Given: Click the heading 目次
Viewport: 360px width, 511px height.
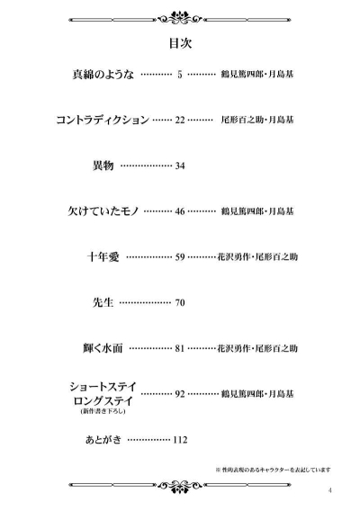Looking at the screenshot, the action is tap(180, 43).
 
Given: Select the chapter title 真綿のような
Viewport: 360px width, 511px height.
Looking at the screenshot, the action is tap(103, 75).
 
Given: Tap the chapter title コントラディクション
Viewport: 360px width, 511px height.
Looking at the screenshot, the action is tap(103, 120).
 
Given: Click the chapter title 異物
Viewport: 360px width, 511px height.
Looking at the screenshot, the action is tap(103, 166).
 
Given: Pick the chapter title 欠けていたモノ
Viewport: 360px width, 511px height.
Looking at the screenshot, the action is tap(103, 211).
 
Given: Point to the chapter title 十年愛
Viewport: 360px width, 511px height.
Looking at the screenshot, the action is tap(103, 256).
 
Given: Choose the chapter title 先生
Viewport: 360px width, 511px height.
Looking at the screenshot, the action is tap(103, 302).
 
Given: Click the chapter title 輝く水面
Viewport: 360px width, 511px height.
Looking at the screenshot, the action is tap(103, 348).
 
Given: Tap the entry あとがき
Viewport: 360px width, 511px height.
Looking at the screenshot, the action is tap(103, 440).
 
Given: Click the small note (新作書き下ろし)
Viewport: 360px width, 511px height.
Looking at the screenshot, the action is tap(103, 411).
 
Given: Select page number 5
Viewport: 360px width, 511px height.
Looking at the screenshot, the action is tap(180, 75).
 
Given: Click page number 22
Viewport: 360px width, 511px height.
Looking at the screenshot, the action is tap(180, 121).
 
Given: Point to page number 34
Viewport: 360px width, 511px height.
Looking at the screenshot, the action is tap(180, 166).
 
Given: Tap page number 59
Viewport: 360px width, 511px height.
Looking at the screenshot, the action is tap(180, 257).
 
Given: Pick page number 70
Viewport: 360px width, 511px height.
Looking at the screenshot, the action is tap(180, 303).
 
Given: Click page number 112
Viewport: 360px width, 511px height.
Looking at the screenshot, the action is tap(180, 440).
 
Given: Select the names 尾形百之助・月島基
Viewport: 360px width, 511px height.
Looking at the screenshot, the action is tap(257, 120).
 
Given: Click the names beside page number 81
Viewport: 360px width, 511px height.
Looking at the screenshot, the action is tap(257, 348).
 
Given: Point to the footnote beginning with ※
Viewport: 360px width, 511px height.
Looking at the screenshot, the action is tap(274, 470).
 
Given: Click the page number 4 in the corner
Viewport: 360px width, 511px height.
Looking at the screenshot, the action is tap(330, 490).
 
